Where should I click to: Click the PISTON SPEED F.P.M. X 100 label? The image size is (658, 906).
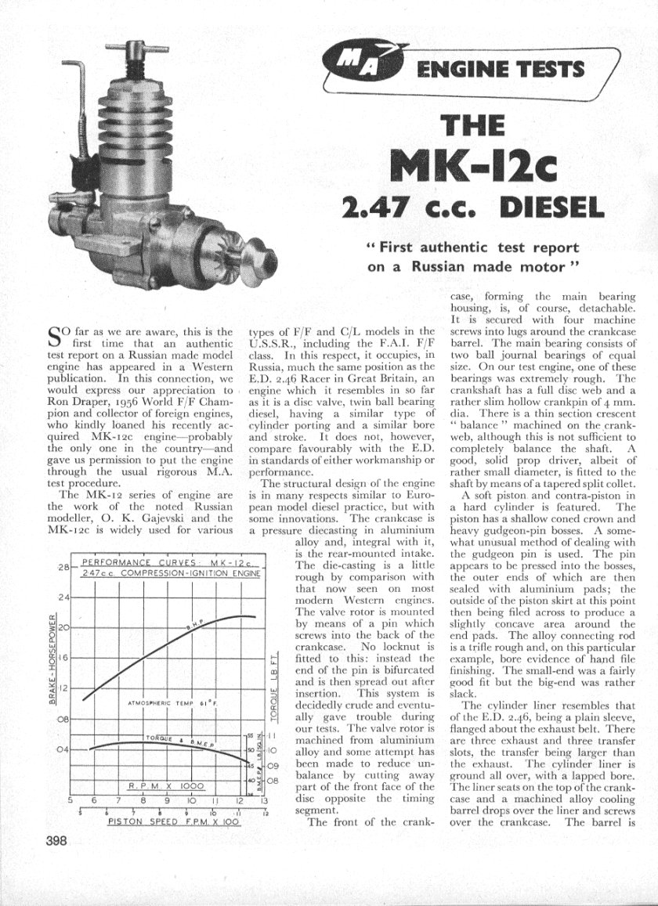(x=164, y=824)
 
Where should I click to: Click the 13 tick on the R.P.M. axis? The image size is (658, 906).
(x=264, y=801)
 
